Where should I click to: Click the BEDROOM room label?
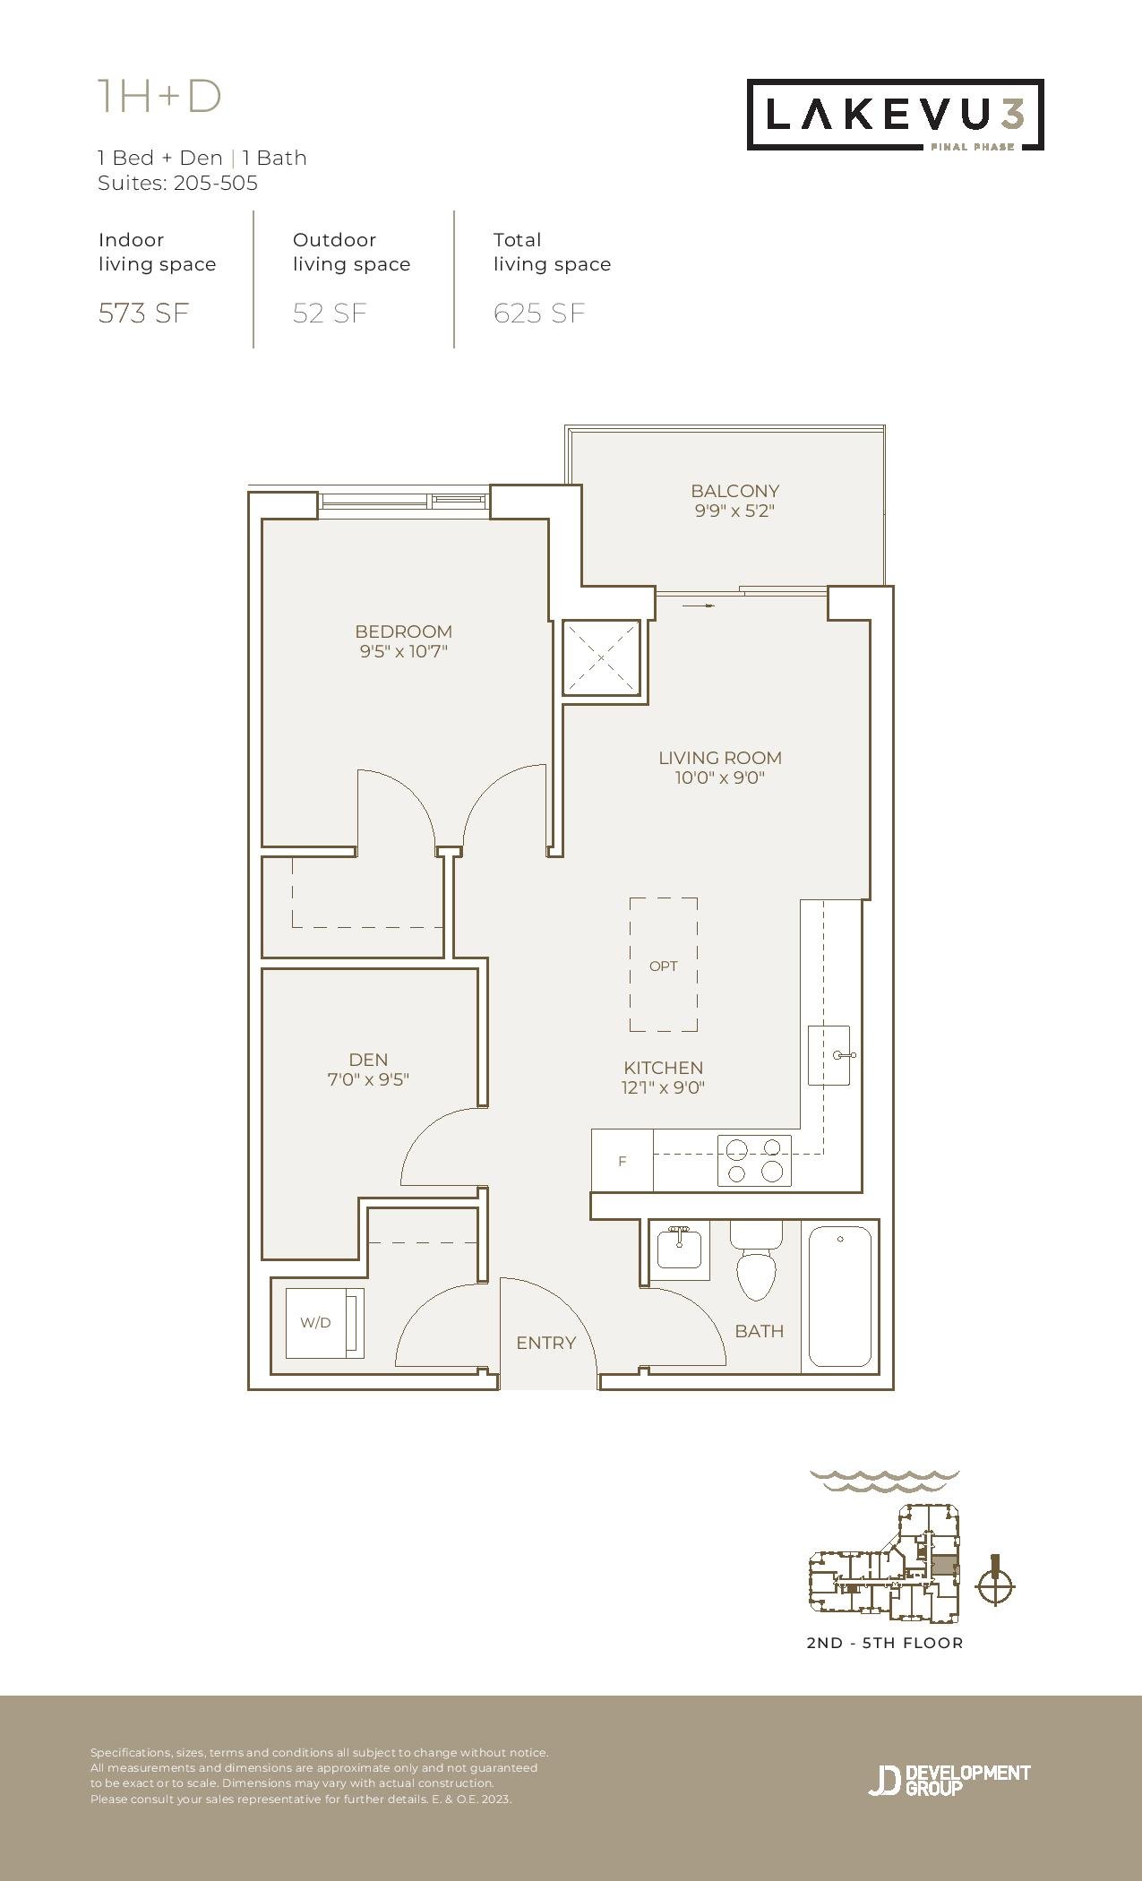(403, 631)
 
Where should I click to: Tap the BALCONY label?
(734, 491)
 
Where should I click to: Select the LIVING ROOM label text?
(720, 758)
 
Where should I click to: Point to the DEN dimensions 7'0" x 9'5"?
(368, 1079)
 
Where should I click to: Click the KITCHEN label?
(664, 1068)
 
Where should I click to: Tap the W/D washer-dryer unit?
(324, 1323)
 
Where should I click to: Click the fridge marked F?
(623, 1161)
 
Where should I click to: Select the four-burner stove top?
(754, 1161)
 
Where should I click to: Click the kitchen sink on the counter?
(829, 1055)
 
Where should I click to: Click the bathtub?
(840, 1296)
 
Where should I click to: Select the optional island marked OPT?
(664, 966)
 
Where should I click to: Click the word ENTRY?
(545, 1343)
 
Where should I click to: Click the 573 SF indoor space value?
(144, 313)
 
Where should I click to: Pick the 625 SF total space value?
(539, 313)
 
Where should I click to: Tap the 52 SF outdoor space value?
(330, 313)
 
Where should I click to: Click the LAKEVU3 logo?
(896, 115)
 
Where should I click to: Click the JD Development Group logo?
(949, 1780)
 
